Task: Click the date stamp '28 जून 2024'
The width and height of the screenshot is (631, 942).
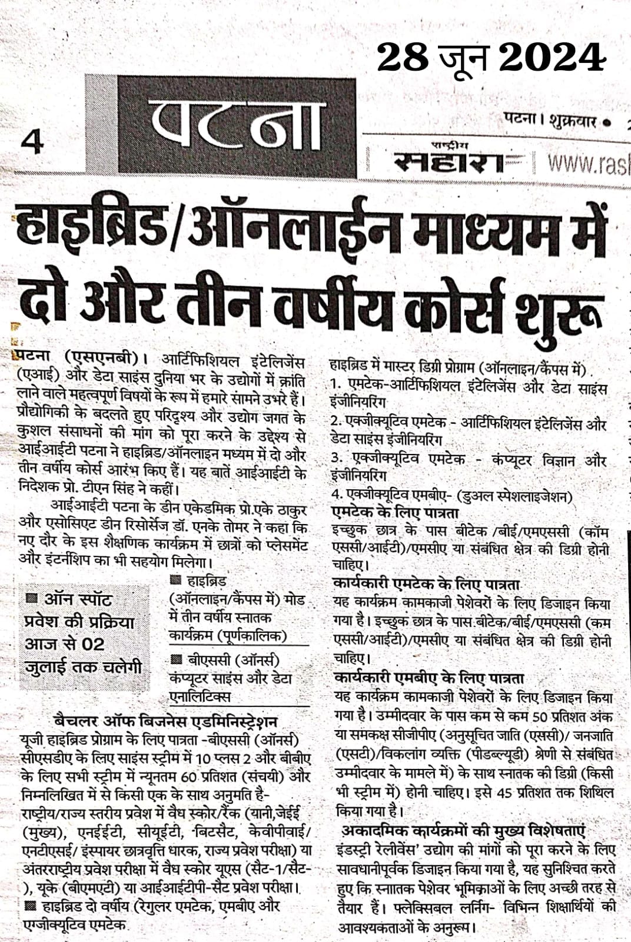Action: (491, 58)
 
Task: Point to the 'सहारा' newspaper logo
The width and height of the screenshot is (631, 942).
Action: (449, 162)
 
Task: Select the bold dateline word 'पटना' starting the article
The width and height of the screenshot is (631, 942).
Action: (35, 357)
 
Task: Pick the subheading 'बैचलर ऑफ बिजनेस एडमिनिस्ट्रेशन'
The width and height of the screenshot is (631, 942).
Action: (165, 722)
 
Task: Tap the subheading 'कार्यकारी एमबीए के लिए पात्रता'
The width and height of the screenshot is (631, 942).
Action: (429, 679)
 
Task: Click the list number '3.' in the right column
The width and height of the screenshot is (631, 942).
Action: (337, 458)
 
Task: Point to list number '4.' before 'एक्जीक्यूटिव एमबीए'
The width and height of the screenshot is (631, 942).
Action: (337, 495)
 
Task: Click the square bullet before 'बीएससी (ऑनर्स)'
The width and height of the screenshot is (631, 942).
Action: (176, 659)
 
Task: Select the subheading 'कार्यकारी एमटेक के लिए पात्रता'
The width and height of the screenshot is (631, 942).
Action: (427, 585)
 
